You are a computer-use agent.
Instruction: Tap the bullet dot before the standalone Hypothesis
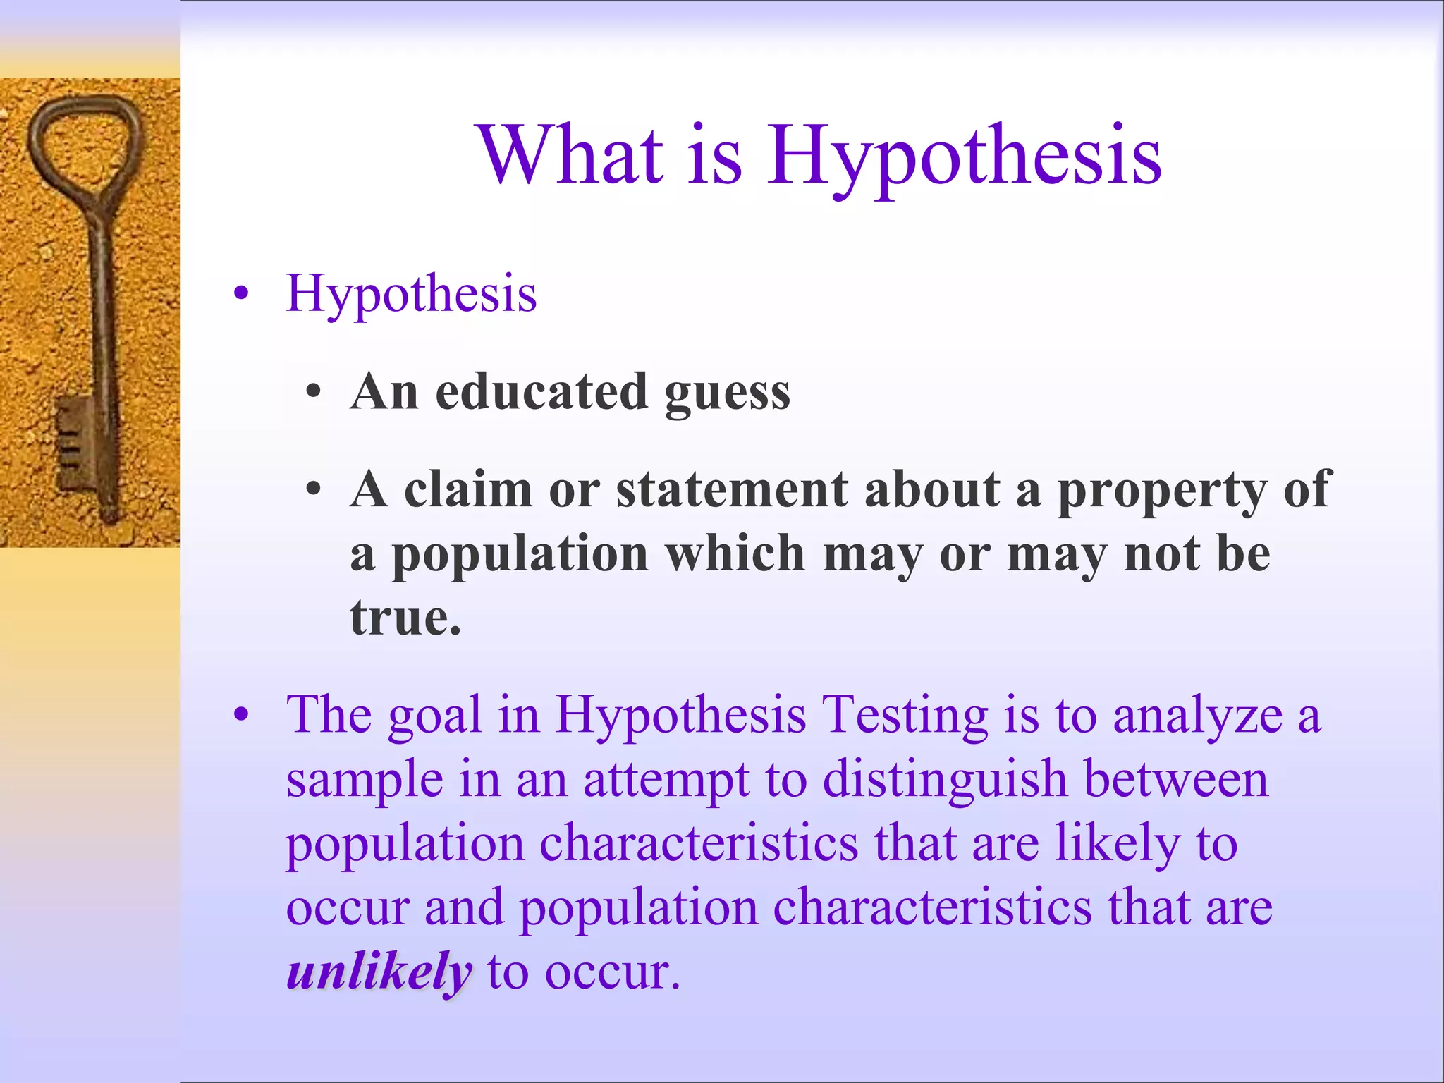(242, 293)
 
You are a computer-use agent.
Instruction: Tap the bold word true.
(405, 617)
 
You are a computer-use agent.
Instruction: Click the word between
(1176, 779)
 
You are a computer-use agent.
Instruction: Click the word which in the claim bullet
(735, 553)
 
